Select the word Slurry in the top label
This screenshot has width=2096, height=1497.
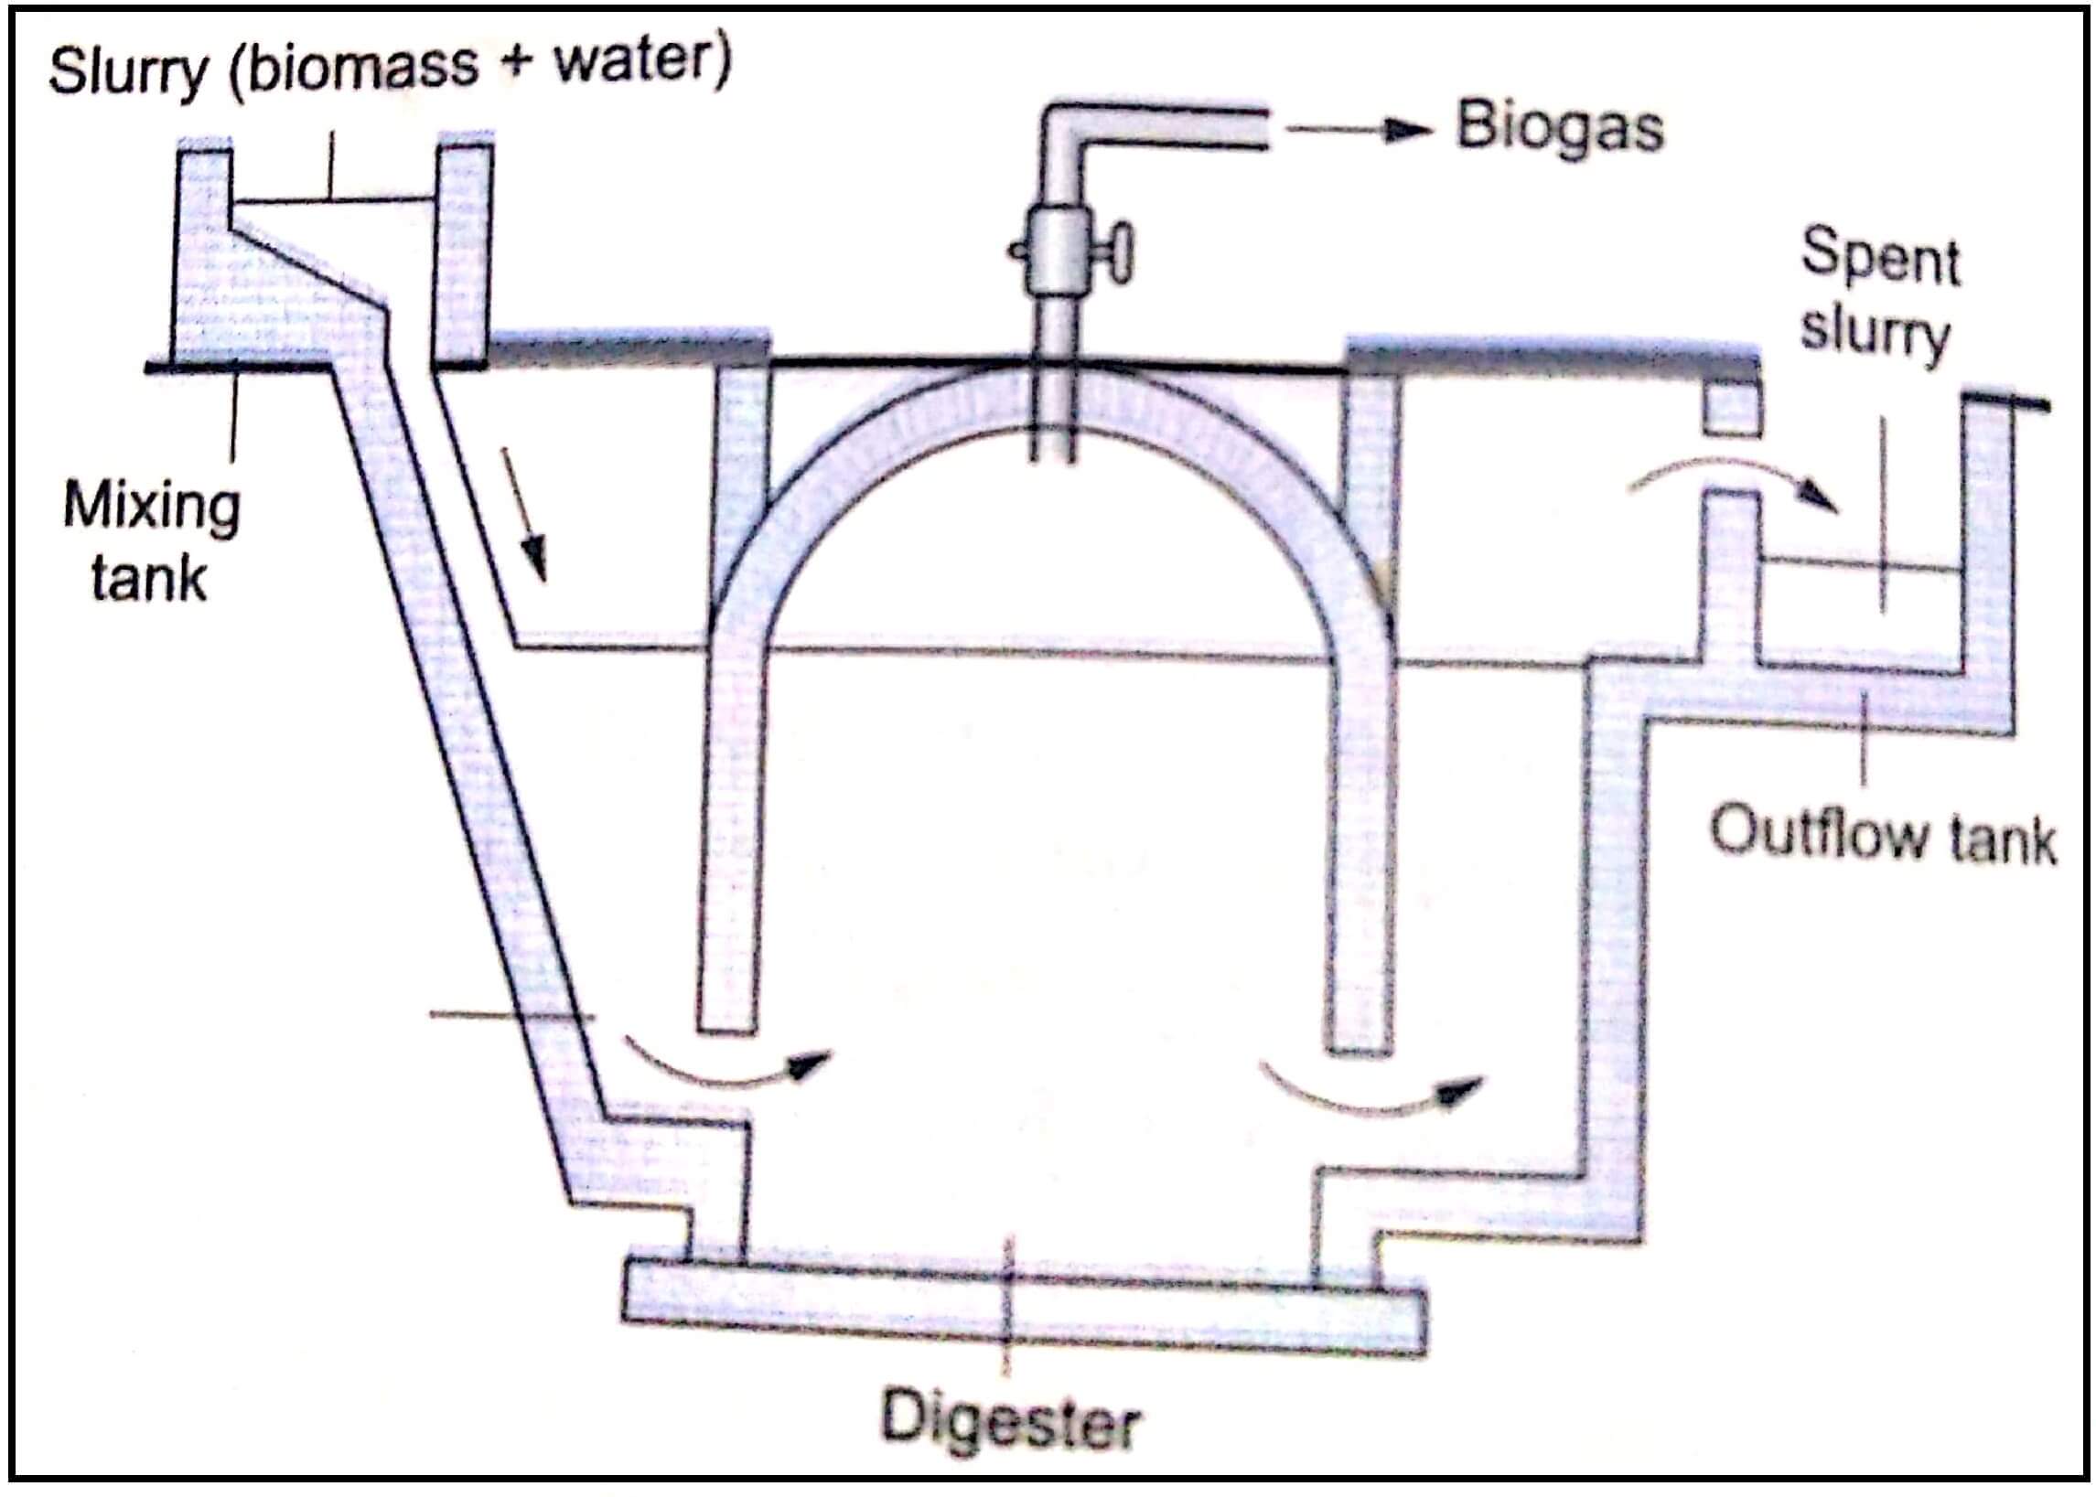pos(129,71)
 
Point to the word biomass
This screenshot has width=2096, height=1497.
pos(362,67)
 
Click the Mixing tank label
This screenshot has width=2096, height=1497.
pos(150,543)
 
